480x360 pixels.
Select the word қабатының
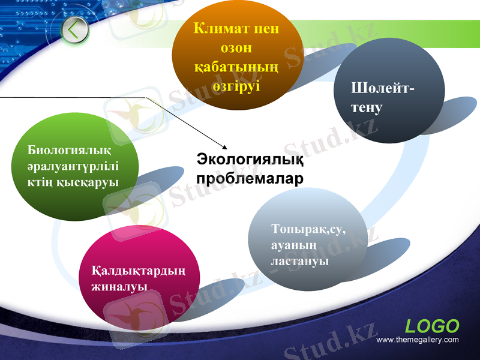coord(237,67)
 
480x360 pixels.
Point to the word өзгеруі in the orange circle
coord(236,85)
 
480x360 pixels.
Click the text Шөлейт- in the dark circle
coord(382,89)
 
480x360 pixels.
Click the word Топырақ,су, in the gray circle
coord(308,229)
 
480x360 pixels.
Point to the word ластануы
coord(299,262)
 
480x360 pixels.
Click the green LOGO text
coord(432,326)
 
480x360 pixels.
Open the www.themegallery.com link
coord(417,340)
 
